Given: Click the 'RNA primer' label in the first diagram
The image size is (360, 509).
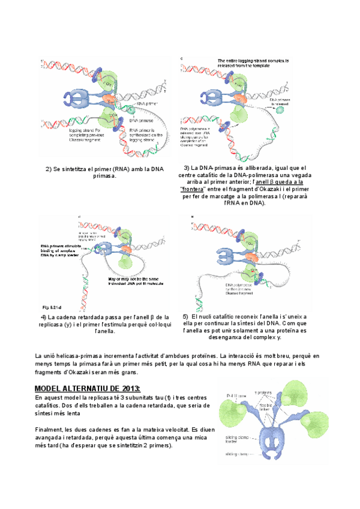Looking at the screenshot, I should point(149,103).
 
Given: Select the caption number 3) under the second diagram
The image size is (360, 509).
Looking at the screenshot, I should point(187,167).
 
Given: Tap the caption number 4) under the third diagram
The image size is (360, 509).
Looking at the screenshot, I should point(44,317).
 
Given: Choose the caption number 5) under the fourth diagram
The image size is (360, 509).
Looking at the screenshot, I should point(186,316).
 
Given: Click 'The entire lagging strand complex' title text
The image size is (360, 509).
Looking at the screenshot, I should point(253,61).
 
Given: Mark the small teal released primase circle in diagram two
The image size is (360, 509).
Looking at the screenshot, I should point(280,109).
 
